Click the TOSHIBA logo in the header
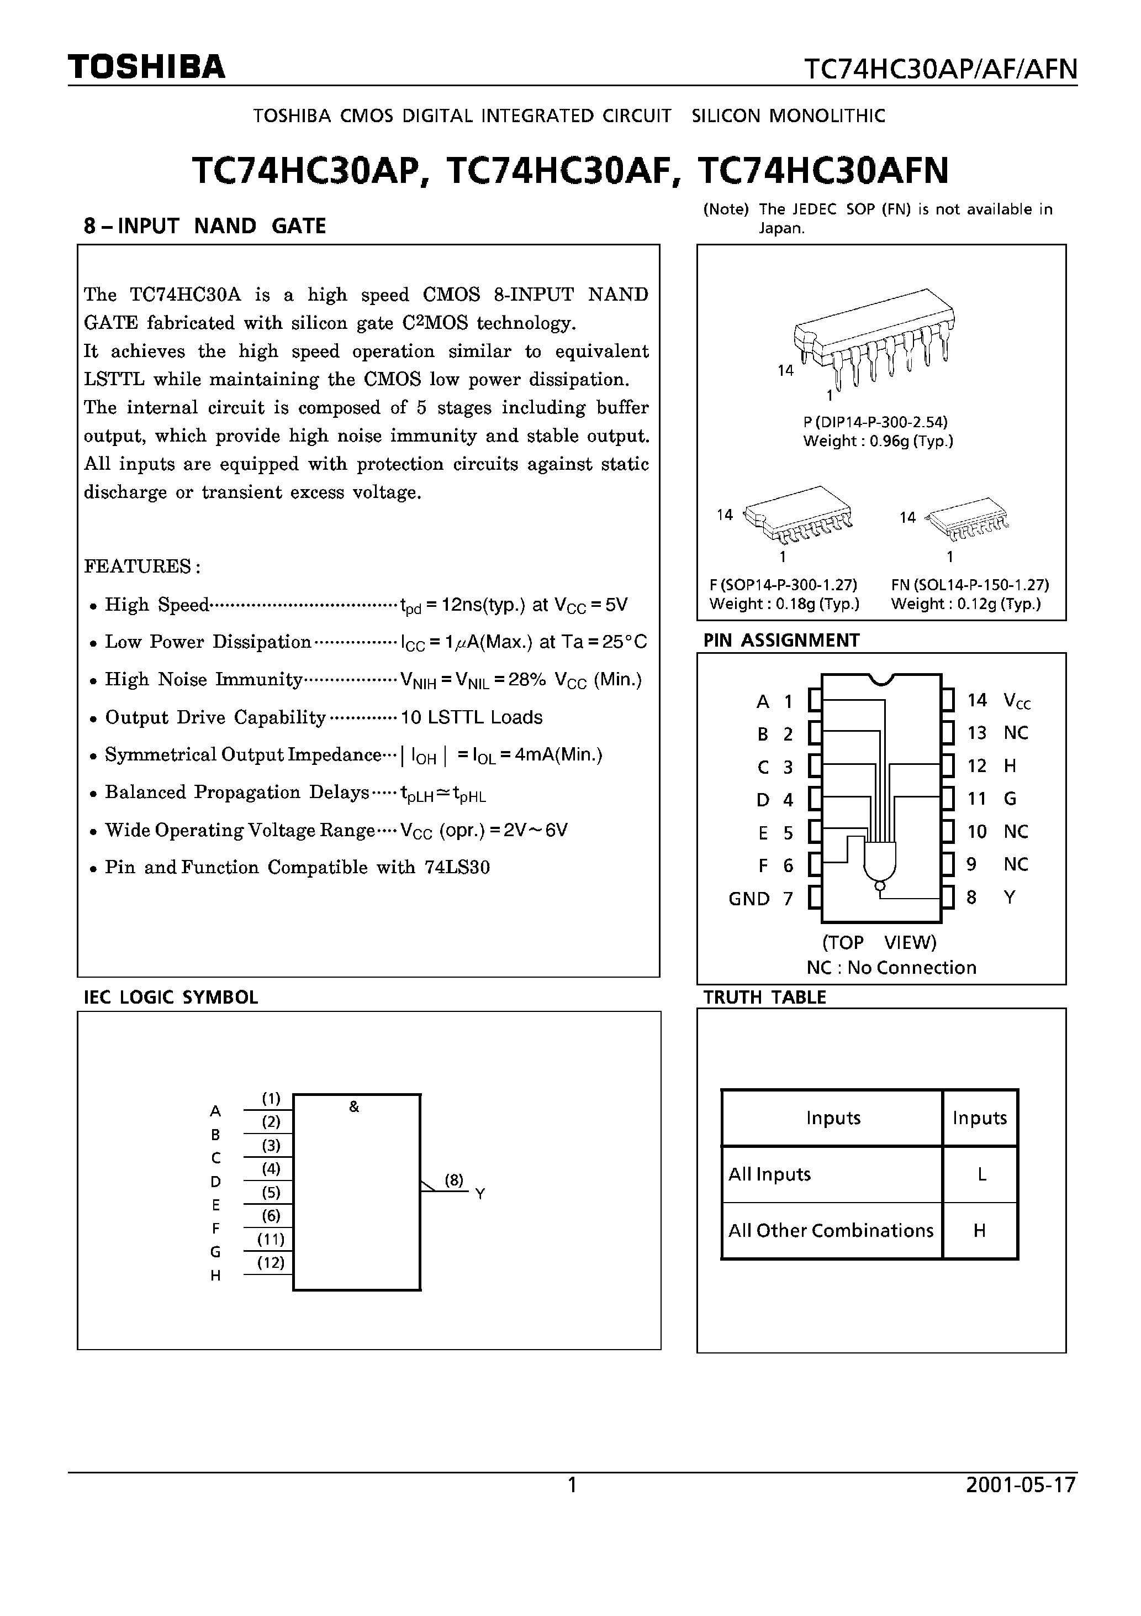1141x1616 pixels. pyautogui.click(x=146, y=67)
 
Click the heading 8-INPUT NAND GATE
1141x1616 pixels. pyautogui.click(x=205, y=226)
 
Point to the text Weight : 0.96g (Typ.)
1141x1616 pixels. pyautogui.click(x=878, y=441)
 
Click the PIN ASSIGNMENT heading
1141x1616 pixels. pyautogui.click(x=781, y=640)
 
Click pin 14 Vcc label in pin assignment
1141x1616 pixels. pyautogui.click(x=999, y=700)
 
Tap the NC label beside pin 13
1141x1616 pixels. pyautogui.click(x=1015, y=733)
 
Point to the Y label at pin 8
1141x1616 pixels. pyautogui.click(x=1010, y=898)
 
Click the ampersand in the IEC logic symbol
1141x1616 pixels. pyautogui.click(x=354, y=1107)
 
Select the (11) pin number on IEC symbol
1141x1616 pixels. pyautogui.click(x=271, y=1239)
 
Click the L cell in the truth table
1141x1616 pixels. pyautogui.click(x=981, y=1174)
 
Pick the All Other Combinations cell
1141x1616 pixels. pyautogui.click(x=830, y=1230)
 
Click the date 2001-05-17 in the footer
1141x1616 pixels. pyautogui.click(x=1021, y=1484)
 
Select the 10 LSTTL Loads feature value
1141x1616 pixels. pyautogui.click(x=471, y=717)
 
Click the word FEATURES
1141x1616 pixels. pyautogui.click(x=142, y=566)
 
